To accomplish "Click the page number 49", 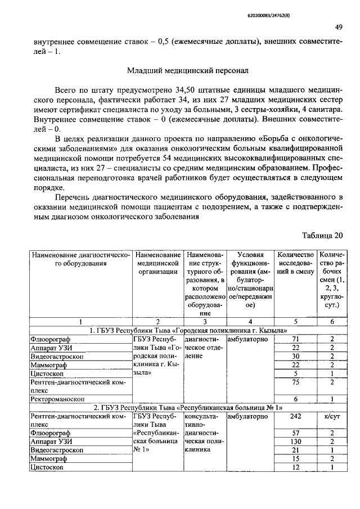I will tap(339, 27).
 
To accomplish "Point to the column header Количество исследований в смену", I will tap(295, 263).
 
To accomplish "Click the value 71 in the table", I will tap(295, 339).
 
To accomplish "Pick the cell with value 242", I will tap(295, 417).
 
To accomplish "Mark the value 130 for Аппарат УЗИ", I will tap(295, 442).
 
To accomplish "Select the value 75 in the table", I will tap(295, 382).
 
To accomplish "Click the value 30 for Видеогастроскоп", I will tap(295, 356).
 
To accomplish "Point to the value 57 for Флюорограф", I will tap(295, 434).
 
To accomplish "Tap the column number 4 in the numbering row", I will tap(248, 322).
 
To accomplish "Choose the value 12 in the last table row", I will tap(295, 468).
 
